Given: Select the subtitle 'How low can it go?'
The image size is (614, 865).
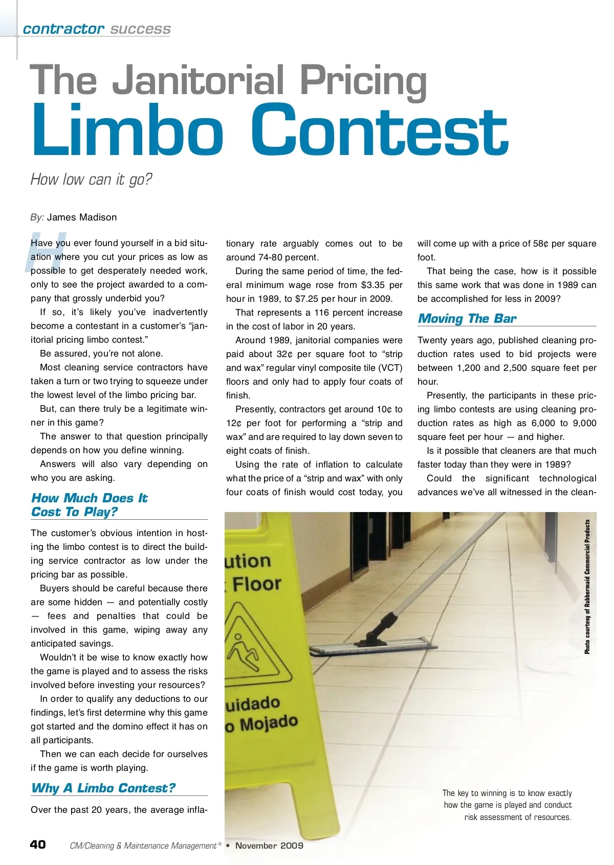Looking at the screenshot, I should tap(91, 180).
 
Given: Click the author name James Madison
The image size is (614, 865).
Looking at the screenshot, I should tap(82, 217).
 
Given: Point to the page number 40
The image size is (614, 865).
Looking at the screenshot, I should tap(38, 845).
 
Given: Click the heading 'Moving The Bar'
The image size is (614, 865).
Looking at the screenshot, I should tap(467, 319).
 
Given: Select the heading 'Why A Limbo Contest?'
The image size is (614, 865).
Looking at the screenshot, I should tap(103, 788).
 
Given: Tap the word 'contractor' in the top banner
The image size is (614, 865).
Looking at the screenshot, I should tap(63, 29).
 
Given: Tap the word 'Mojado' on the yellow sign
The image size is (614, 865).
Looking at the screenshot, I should tap(269, 723).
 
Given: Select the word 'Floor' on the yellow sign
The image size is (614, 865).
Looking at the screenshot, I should tap(257, 584).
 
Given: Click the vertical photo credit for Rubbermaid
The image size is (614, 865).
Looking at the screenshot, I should tap(587, 587).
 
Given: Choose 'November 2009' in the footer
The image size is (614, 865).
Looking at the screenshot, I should tap(269, 846).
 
